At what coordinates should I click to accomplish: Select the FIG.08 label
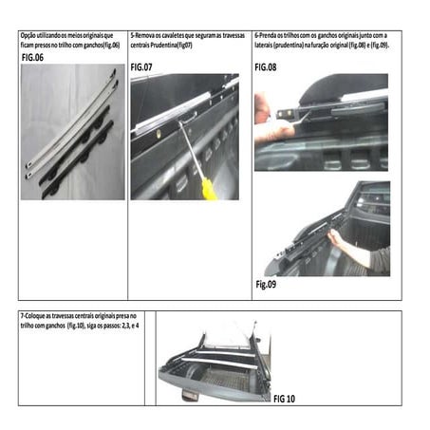267,68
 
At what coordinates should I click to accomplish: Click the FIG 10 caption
284,399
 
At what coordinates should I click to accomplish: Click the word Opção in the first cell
30,35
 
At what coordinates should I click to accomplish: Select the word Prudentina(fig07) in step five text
172,45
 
